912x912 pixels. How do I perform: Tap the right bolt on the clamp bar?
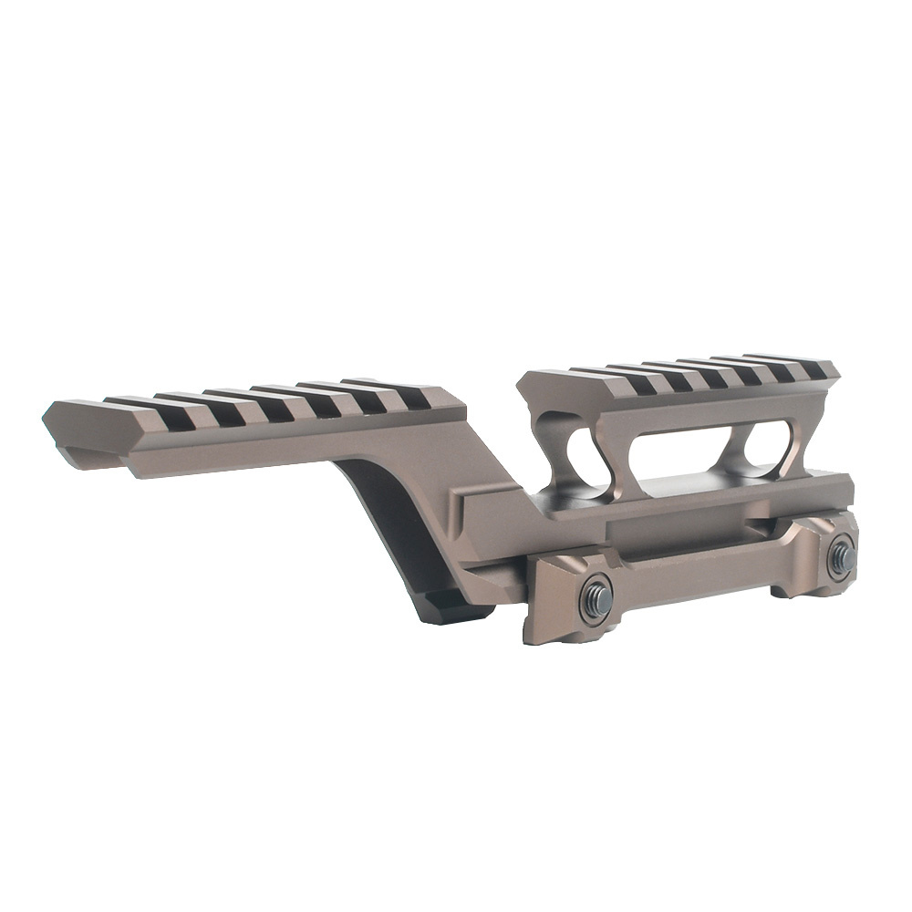840,557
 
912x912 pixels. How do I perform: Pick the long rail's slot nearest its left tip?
128,409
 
